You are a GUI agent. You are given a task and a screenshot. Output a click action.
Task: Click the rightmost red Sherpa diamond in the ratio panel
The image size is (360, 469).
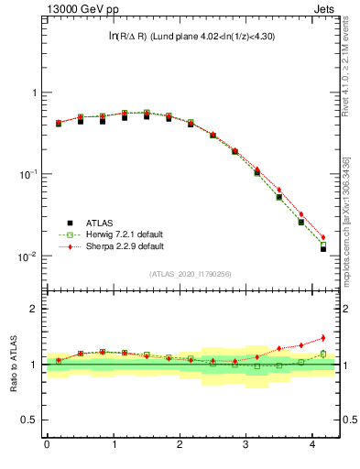coord(322,338)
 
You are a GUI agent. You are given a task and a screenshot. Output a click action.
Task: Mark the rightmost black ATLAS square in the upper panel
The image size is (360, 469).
coord(322,248)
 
